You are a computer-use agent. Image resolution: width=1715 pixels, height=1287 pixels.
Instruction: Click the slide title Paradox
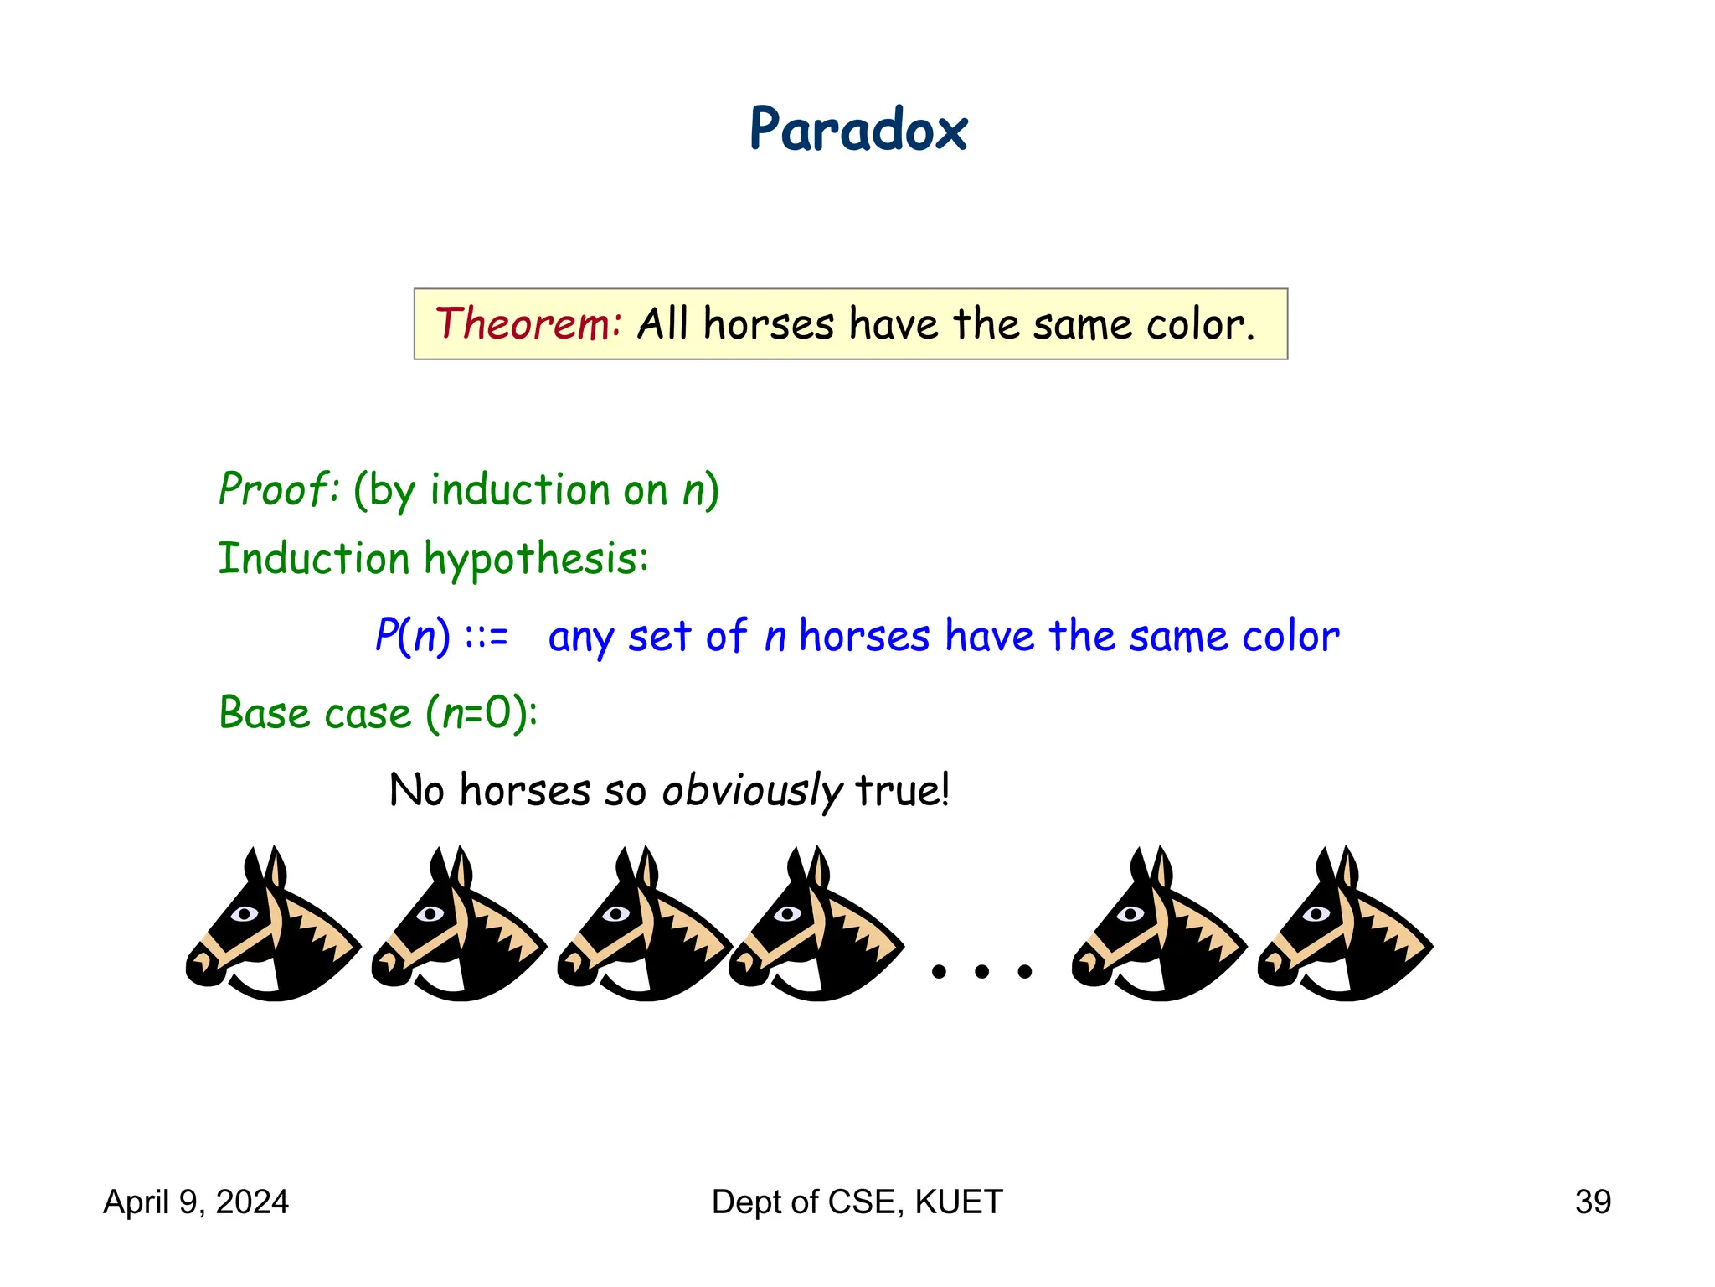(857, 131)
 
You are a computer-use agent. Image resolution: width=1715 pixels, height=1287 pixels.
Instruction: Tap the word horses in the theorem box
(769, 323)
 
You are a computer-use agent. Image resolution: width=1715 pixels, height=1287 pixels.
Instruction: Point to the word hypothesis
(536, 560)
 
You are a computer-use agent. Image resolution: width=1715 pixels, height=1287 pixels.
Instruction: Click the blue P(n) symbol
(412, 635)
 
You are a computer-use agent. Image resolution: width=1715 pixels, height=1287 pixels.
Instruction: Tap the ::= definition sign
(486, 637)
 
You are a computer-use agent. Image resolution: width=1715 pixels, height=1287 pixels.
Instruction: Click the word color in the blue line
(1290, 637)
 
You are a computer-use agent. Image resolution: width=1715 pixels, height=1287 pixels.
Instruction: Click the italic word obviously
(751, 790)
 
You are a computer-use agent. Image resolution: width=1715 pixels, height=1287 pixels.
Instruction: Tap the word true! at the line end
(903, 790)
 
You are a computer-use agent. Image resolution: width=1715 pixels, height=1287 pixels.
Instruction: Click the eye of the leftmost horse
(245, 913)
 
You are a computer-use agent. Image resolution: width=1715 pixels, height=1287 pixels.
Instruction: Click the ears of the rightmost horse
(1336, 867)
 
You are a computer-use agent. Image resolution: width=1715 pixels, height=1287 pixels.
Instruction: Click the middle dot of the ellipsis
(981, 971)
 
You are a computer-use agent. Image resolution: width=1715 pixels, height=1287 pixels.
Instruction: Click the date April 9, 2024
(196, 1202)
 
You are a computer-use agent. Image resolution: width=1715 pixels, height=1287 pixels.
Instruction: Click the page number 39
(1593, 1202)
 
